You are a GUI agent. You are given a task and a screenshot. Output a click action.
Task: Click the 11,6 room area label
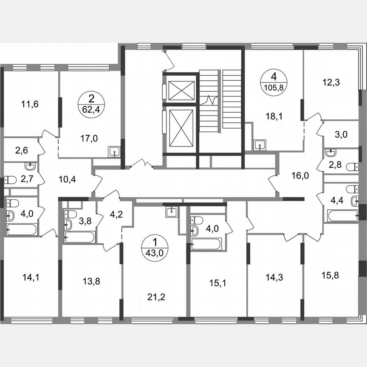tap(30, 104)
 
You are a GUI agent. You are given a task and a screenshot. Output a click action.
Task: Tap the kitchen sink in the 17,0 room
tap(114, 151)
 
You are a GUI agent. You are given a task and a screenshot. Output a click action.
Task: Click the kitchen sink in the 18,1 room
tap(260, 145)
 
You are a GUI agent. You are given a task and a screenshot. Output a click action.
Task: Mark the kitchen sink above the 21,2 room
tap(171, 212)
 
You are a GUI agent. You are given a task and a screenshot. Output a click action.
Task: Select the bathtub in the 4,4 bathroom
tap(343, 216)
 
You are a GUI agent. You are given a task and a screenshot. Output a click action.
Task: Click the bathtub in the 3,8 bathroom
tap(79, 237)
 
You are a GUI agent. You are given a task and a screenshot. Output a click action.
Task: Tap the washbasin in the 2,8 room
tap(330, 153)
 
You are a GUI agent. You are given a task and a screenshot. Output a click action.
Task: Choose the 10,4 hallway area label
tap(67, 179)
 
